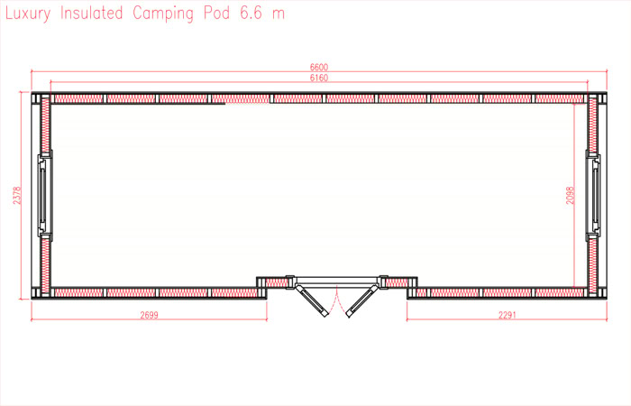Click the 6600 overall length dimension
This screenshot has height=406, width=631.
317,67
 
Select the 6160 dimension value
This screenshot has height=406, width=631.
317,79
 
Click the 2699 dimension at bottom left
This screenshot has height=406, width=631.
149,314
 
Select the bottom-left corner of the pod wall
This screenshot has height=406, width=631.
39,292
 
